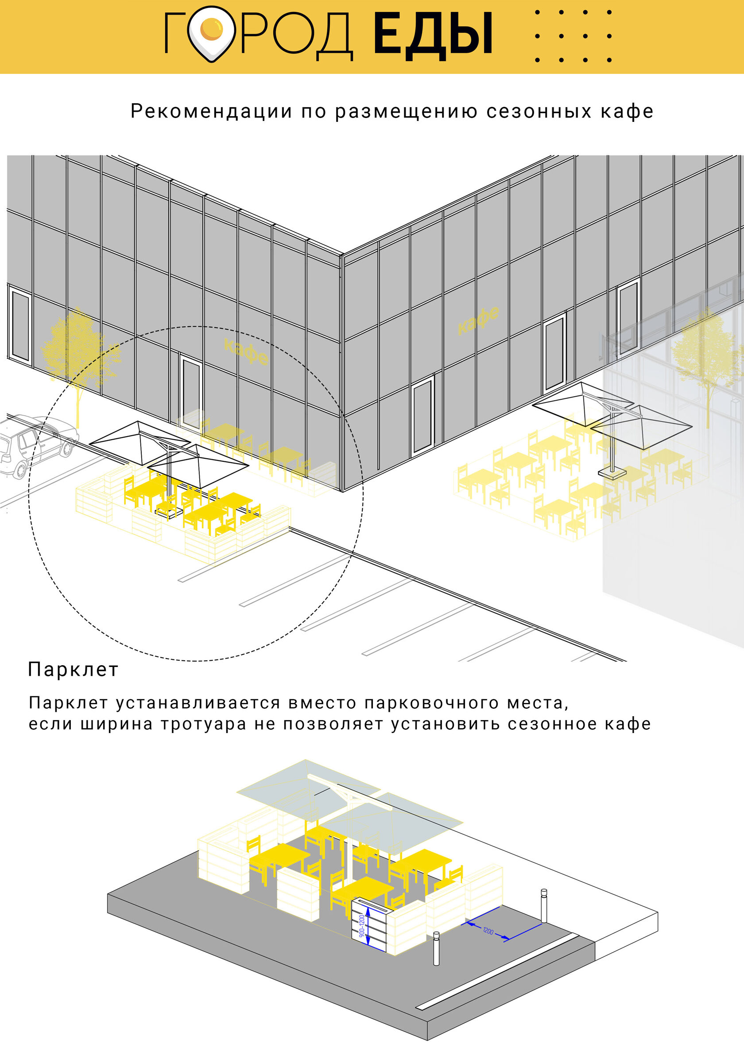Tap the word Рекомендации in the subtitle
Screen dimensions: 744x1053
point(211,111)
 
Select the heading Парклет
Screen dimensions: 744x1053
point(74,670)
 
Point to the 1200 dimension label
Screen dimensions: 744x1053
point(488,932)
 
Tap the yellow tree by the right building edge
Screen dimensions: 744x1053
point(708,363)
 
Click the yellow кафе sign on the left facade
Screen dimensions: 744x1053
point(246,351)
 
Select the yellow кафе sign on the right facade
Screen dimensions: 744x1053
point(478,320)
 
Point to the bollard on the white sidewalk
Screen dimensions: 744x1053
point(544,905)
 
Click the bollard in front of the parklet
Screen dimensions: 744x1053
point(436,948)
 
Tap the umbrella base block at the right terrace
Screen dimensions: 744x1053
point(612,472)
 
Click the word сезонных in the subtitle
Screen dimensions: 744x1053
point(539,111)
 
